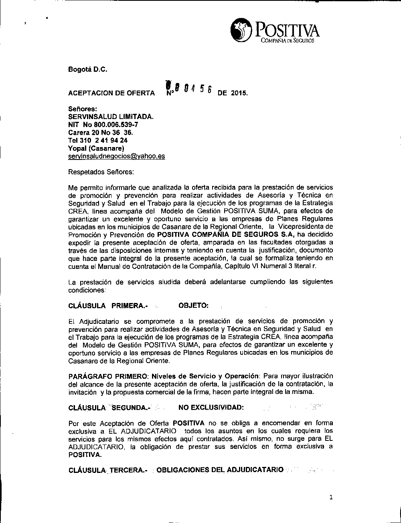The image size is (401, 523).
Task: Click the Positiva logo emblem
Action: point(241,30)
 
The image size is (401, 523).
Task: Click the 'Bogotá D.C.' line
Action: point(88,69)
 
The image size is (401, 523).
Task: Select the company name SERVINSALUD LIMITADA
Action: point(111,117)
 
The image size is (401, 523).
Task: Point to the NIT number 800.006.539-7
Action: point(103,125)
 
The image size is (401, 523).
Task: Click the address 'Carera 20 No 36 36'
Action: point(101,133)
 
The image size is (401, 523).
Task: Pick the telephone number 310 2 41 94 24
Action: point(98,140)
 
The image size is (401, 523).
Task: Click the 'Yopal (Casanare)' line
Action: point(96,148)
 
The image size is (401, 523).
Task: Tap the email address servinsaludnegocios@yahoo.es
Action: point(116,156)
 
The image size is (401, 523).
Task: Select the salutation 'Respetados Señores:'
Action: point(101,172)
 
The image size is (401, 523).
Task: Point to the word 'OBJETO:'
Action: point(193,306)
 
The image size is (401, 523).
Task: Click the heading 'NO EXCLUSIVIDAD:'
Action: point(211,408)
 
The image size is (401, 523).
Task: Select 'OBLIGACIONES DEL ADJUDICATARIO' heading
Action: point(220,470)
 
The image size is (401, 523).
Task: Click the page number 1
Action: point(331,498)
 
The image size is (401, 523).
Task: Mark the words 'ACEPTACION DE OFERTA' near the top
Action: point(111,93)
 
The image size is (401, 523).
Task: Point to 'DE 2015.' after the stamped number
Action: point(233,93)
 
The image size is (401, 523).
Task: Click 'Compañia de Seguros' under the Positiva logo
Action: point(288,40)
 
